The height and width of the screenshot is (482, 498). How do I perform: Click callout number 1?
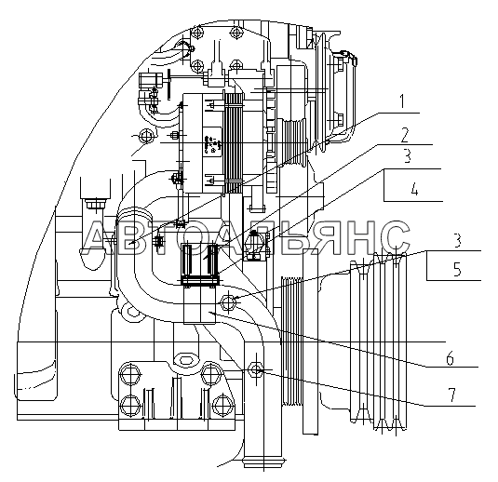click(x=402, y=101)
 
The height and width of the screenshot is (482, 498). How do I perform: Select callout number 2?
click(x=404, y=135)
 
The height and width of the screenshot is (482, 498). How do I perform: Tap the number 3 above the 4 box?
click(x=407, y=156)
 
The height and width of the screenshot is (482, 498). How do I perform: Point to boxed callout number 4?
click(x=414, y=190)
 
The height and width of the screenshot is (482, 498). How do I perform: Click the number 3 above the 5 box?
click(x=457, y=240)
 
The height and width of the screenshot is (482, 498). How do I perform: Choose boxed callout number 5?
click(x=457, y=269)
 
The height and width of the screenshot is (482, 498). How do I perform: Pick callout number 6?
click(x=450, y=359)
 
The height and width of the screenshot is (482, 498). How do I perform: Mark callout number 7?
click(x=451, y=395)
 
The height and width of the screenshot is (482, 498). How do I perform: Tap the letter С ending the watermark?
click(x=393, y=238)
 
